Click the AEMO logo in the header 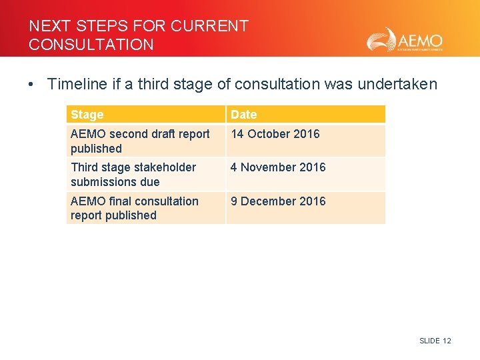coord(404,39)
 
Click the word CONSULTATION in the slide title coord(91,45)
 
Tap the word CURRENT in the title coord(209,26)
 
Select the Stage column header coord(87,115)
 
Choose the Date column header coord(243,115)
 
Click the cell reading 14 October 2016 coord(275,134)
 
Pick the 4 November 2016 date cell coord(278,167)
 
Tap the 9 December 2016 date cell coord(278,201)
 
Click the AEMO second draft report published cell coord(140,141)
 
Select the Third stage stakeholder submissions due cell coord(133,175)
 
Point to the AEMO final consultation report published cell coord(135,208)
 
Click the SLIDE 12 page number coord(435,341)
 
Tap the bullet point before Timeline coord(31,85)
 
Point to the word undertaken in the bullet coord(397,84)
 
